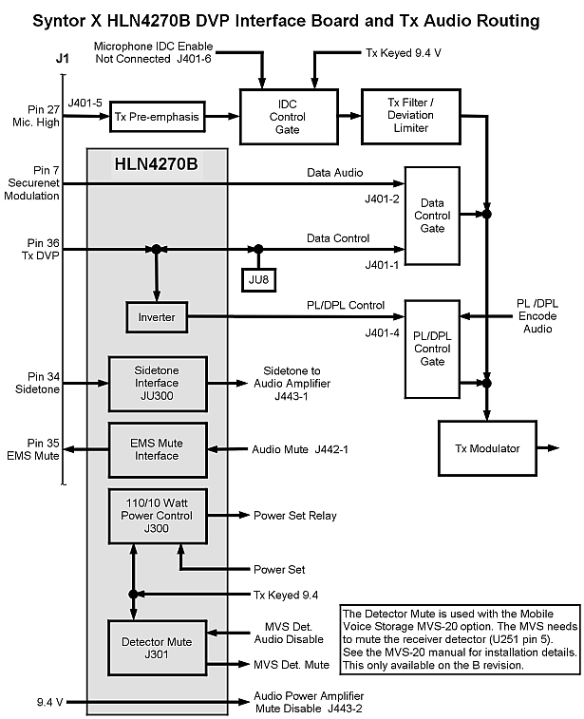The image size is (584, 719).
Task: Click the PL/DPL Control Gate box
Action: coord(432,348)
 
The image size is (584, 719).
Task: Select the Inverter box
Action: coord(157,317)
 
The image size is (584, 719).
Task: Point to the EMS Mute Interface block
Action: coord(157,449)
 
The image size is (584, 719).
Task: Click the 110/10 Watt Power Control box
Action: coord(157,516)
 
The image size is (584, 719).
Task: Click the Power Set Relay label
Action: coord(294,516)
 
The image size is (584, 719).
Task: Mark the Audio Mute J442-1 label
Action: coord(299,449)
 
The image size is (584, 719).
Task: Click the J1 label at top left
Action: coord(63,59)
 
